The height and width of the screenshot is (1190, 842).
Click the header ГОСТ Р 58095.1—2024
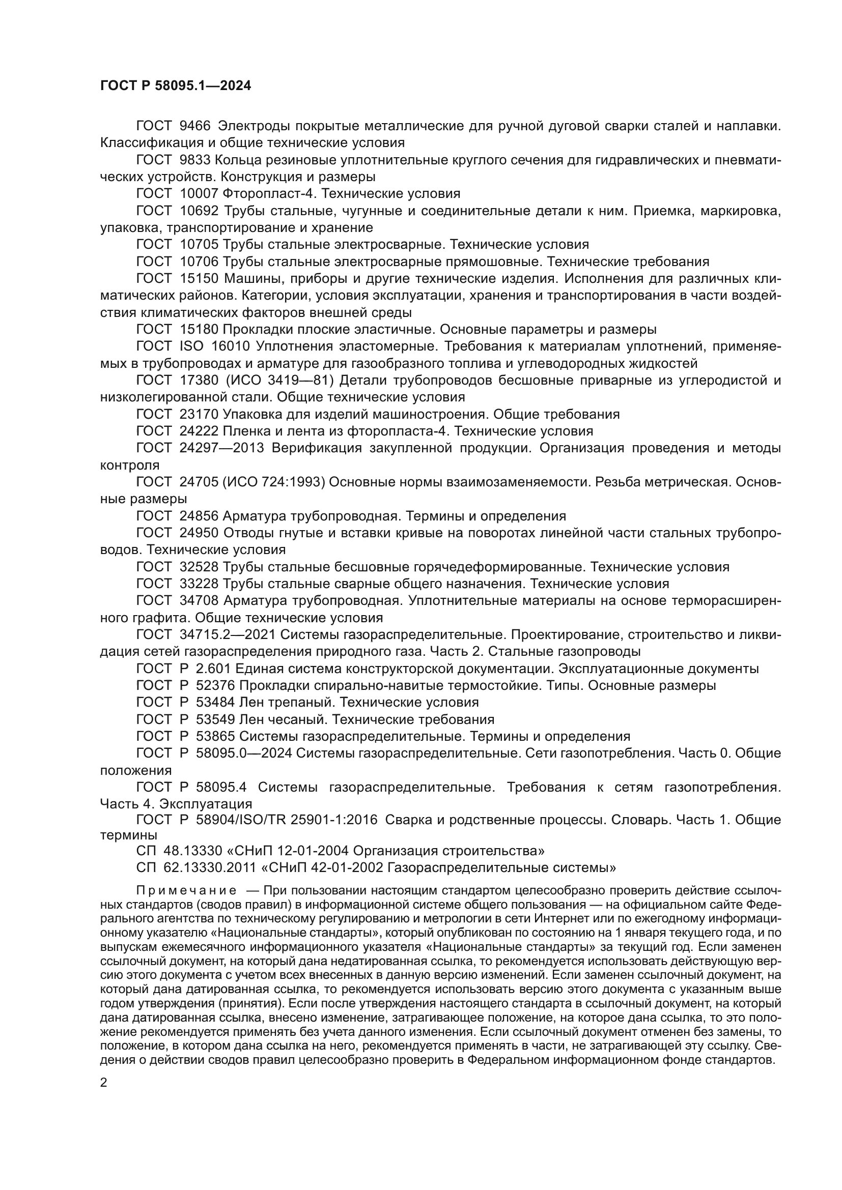[175, 86]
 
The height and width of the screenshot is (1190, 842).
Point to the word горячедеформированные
[502, 567]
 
